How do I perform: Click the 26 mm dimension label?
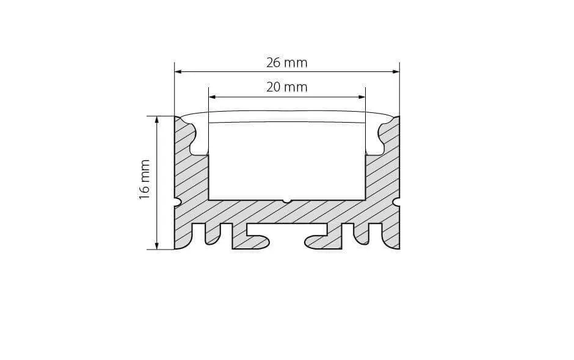pos(286,63)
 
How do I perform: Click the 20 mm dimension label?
pos(286,87)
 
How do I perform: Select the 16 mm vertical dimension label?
pos(145,179)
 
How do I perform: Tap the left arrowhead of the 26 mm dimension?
pos(178,72)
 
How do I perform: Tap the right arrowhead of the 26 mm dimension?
pos(396,72)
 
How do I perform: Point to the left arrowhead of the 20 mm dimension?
pos(213,97)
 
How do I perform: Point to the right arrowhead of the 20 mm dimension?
pos(361,97)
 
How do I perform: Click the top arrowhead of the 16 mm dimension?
pos(158,120)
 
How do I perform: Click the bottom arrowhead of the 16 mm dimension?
pos(158,245)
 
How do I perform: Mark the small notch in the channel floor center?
pos(286,201)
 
